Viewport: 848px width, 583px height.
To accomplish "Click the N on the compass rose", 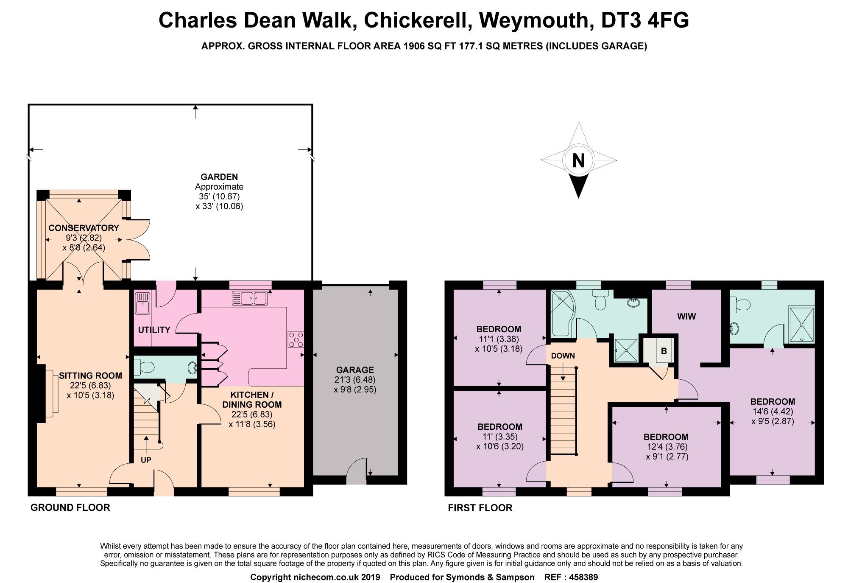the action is (x=578, y=161).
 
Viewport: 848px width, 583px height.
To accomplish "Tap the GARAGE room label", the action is (x=355, y=370).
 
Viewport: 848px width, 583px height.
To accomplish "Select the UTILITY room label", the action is (x=154, y=330).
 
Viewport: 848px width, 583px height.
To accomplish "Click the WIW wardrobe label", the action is (x=686, y=317).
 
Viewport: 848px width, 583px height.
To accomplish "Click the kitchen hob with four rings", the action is (x=296, y=339).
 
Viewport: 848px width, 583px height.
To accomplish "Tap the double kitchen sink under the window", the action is (x=250, y=298).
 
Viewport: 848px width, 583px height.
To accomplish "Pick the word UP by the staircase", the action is (x=146, y=460).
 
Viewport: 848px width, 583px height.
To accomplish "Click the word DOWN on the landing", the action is (x=563, y=356).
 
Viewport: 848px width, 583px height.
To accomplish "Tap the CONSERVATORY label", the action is (x=84, y=228).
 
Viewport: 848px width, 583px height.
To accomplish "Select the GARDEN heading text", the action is (x=219, y=177).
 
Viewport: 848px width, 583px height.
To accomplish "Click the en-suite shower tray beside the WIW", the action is (x=801, y=325).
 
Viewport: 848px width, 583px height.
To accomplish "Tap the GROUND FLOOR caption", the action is (x=70, y=507).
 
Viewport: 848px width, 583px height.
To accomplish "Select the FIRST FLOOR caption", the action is (x=480, y=508).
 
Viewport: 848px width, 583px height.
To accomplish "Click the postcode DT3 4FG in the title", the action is (x=645, y=20).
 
